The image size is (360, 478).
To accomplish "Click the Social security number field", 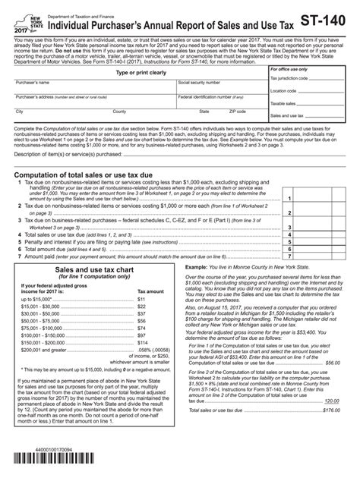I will coord(220,107).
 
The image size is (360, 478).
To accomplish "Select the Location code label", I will coord(284,90).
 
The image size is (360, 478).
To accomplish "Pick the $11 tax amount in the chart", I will coord(141,300).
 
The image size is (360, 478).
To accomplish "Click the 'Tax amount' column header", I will coord(150,290).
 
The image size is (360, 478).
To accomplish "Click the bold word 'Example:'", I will coord(197,268).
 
